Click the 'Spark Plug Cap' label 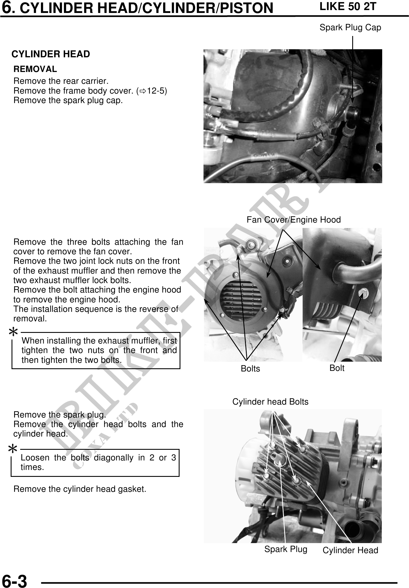pos(350,28)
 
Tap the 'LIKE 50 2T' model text pos(348,6)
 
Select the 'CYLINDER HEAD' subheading pos(51,54)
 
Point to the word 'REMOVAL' pos(35,69)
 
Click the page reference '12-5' pos(155,91)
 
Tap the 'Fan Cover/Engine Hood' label pos(294,220)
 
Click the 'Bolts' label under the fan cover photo pos(250,369)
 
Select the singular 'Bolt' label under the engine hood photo pos(337,368)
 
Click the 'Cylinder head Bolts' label pos(270,402)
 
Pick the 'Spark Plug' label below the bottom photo pos(286,549)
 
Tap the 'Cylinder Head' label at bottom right pos(350,550)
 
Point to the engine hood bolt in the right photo pos(362,293)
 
